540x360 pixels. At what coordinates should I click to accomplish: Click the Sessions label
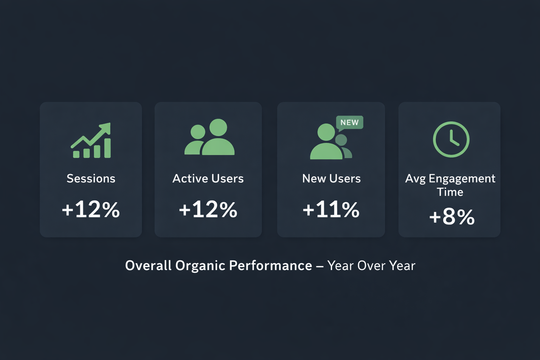click(x=91, y=179)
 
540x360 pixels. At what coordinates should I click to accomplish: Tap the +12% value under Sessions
click(x=91, y=210)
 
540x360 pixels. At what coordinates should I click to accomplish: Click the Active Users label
click(x=208, y=179)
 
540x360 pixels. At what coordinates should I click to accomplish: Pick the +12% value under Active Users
click(x=208, y=210)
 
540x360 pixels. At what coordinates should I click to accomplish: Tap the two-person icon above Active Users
click(x=210, y=137)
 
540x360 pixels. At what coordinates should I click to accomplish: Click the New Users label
click(x=331, y=179)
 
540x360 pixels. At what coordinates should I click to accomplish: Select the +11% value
click(x=331, y=210)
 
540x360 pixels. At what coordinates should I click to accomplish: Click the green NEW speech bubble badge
click(x=349, y=123)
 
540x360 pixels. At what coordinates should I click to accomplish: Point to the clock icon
click(x=451, y=139)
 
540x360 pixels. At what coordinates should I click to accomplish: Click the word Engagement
click(x=462, y=179)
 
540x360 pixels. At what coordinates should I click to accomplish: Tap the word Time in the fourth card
click(x=450, y=192)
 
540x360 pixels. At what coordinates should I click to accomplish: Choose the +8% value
click(x=452, y=217)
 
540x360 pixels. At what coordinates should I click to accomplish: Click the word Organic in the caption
click(x=200, y=266)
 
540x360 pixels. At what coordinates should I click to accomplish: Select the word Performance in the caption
click(x=270, y=265)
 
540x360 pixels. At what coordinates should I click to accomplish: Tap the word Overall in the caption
click(x=148, y=265)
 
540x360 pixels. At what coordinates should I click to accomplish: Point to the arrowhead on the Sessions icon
click(x=106, y=128)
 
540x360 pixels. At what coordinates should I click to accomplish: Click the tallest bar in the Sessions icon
click(x=108, y=148)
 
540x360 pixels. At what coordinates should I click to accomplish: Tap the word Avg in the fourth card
click(x=415, y=179)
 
